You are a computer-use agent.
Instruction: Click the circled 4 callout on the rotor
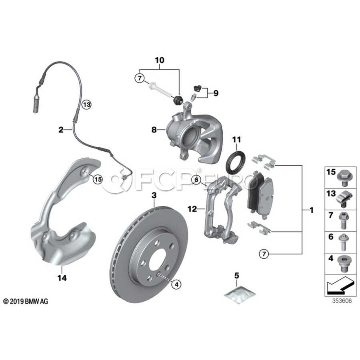coord(176,284)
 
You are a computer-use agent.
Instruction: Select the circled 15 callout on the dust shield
coord(98,180)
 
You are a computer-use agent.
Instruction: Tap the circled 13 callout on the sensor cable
coord(87,105)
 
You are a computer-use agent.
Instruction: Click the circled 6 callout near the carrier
coord(196,180)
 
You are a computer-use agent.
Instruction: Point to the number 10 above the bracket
coord(160,60)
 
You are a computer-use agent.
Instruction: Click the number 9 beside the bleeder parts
coord(216,94)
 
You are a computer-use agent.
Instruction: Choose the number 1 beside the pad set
coord(311,210)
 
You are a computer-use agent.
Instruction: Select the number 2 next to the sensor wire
coord(61,130)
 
